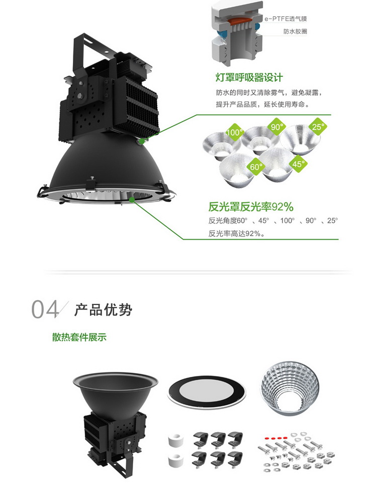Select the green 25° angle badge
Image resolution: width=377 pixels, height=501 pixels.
[317, 127]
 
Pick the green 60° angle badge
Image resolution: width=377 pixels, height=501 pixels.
[256, 166]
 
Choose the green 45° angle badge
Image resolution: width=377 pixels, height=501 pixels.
[299, 163]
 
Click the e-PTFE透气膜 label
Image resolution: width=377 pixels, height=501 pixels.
[286, 19]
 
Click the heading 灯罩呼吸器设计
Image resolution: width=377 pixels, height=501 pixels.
[249, 77]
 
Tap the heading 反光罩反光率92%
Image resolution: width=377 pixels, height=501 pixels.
[251, 207]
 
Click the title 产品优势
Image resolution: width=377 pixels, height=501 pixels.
[104, 310]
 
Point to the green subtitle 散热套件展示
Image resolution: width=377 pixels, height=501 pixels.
[79, 337]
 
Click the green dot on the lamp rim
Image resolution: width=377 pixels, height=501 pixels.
[132, 199]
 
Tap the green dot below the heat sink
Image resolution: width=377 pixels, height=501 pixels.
[142, 141]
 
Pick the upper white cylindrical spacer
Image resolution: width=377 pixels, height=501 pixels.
[174, 441]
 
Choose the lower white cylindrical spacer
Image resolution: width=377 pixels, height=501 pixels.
[174, 459]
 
